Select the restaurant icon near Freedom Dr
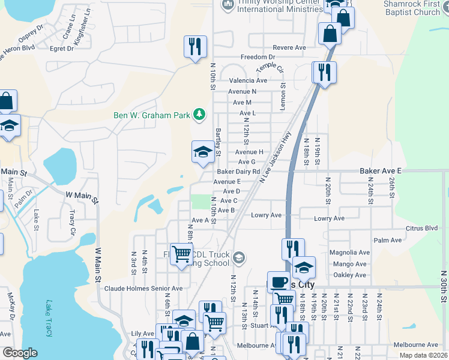pyautogui.click(x=195, y=47)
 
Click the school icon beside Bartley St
pyautogui.click(x=203, y=152)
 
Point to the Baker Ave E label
pyautogui.click(x=380, y=171)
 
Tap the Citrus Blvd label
pyautogui.click(x=422, y=228)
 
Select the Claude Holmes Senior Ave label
pyautogui.click(x=143, y=289)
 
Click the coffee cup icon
pyautogui.click(x=279, y=282)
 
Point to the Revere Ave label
pyautogui.click(x=289, y=48)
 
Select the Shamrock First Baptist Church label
pyautogui.click(x=412, y=8)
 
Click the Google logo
pyautogui.click(x=20, y=353)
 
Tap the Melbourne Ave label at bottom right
pyautogui.click(x=416, y=345)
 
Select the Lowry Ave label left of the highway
pyautogui.click(x=267, y=215)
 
